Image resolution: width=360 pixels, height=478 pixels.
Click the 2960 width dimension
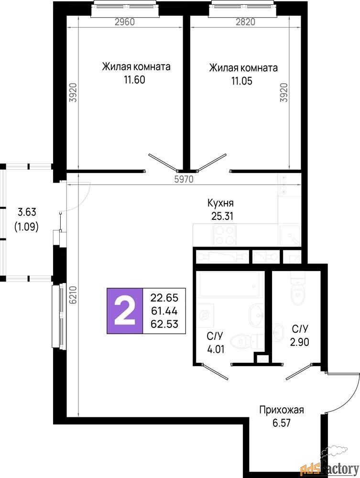(124, 22)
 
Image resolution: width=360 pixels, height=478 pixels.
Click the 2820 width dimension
(245, 22)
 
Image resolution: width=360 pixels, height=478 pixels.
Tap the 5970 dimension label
(184, 179)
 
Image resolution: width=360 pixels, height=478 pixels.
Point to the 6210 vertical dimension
(73, 295)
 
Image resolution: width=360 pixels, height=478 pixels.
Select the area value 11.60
(134, 80)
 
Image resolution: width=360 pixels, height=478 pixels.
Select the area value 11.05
(242, 81)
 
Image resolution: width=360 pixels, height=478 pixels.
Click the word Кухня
(220, 203)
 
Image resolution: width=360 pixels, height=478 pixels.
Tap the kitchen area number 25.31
(222, 216)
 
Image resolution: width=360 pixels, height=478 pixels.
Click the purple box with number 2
(125, 311)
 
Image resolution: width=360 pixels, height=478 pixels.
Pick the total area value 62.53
(164, 324)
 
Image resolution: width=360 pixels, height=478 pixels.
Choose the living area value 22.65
(164, 297)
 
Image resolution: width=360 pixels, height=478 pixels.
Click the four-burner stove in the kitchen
(225, 235)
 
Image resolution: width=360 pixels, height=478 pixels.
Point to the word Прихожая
(282, 410)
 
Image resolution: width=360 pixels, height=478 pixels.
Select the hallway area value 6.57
(282, 423)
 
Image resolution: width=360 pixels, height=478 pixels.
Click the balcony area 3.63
(27, 211)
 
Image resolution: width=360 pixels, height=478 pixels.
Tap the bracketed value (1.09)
(26, 227)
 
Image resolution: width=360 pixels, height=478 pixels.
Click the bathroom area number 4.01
(216, 349)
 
